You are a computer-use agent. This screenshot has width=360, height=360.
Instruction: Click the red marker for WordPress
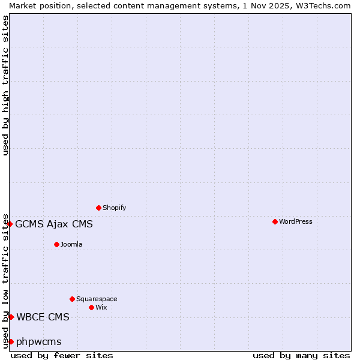pos(275,222)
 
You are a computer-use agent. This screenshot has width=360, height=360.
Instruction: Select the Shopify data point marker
pos(98,208)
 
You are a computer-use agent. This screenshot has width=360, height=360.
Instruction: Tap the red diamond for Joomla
pos(56,244)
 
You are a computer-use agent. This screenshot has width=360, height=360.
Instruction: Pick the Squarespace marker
pos(72,299)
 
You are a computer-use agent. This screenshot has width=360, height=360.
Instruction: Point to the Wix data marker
pos(91,307)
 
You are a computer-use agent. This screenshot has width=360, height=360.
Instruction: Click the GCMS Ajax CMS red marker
pos(10,224)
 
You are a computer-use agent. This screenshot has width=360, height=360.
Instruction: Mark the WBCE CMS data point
pos(11,317)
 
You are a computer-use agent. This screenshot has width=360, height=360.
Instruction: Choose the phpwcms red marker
pos(11,341)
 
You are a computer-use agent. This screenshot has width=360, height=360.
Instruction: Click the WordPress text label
pos(296,222)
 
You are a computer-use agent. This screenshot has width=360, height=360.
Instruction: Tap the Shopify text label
pos(114,208)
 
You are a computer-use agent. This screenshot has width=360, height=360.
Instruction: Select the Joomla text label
pos(71,244)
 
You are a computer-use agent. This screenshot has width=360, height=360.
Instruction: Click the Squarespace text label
pos(97,299)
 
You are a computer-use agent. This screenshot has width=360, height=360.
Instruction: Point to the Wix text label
pos(101,307)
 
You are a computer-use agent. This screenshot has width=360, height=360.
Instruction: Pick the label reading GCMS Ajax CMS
pos(54,224)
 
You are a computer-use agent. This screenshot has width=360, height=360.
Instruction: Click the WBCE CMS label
pos(43,317)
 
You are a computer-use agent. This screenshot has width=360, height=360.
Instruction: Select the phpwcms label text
pos(39,342)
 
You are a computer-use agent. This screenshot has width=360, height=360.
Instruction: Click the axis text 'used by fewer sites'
pos(62,355)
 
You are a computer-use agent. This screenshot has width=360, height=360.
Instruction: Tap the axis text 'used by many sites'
pos(301,355)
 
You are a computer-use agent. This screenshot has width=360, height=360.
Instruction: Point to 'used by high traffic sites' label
pos(5,85)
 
